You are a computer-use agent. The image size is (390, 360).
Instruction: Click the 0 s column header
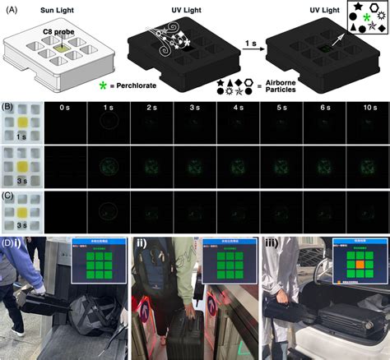tap(63, 107)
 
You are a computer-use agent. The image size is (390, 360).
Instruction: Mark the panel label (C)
tap(7, 194)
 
